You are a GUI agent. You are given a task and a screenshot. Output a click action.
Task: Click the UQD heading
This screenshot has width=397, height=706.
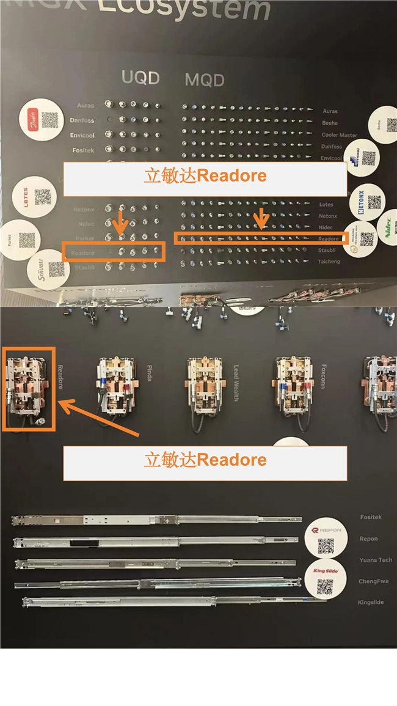(140, 78)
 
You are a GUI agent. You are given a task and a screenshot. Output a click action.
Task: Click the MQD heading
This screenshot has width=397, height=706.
(205, 79)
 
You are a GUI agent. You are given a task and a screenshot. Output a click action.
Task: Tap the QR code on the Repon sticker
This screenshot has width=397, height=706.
(326, 546)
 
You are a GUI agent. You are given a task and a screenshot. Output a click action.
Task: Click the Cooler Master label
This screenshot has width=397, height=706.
(340, 135)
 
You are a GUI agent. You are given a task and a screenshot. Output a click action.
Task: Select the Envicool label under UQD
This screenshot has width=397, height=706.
(82, 135)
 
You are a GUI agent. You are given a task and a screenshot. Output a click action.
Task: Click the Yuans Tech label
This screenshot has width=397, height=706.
(376, 560)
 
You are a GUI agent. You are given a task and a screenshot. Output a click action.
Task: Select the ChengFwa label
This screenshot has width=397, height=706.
(373, 581)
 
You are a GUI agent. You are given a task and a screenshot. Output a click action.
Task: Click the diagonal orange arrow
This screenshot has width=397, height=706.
(101, 419)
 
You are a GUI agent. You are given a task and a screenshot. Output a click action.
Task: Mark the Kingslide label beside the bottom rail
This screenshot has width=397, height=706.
(371, 602)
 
